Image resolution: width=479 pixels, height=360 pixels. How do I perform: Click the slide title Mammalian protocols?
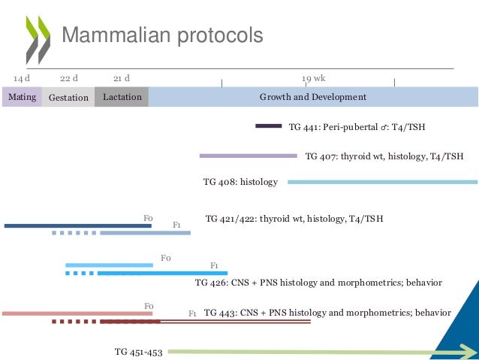tap(161, 35)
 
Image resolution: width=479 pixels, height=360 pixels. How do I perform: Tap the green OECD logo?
tap(38, 38)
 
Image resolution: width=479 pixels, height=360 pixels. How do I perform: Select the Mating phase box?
tap(21, 97)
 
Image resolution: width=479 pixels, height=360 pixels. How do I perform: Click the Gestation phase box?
tap(68, 97)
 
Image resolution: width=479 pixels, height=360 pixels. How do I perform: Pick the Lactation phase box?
tap(122, 97)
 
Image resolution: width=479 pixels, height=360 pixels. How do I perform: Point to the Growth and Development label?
tap(312, 97)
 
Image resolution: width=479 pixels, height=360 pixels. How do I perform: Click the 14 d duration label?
tap(22, 78)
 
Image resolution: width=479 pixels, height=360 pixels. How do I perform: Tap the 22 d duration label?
tap(69, 78)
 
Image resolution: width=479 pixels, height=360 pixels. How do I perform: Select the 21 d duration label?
tap(122, 78)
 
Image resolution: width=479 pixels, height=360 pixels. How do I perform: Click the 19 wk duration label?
tap(314, 78)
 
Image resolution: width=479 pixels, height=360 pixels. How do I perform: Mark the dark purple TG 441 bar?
tap(268, 126)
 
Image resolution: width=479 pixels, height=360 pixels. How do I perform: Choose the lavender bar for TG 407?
tap(248, 156)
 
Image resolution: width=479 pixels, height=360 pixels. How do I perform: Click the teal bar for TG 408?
tap(382, 181)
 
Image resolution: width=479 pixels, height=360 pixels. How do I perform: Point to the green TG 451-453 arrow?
tap(315, 351)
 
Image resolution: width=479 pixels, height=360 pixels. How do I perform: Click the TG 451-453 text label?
tap(139, 351)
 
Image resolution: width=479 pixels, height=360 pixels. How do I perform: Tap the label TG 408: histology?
tap(240, 182)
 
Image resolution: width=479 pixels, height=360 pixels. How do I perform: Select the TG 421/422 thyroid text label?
tap(294, 219)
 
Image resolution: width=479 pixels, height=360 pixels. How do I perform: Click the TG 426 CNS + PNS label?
tap(318, 283)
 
